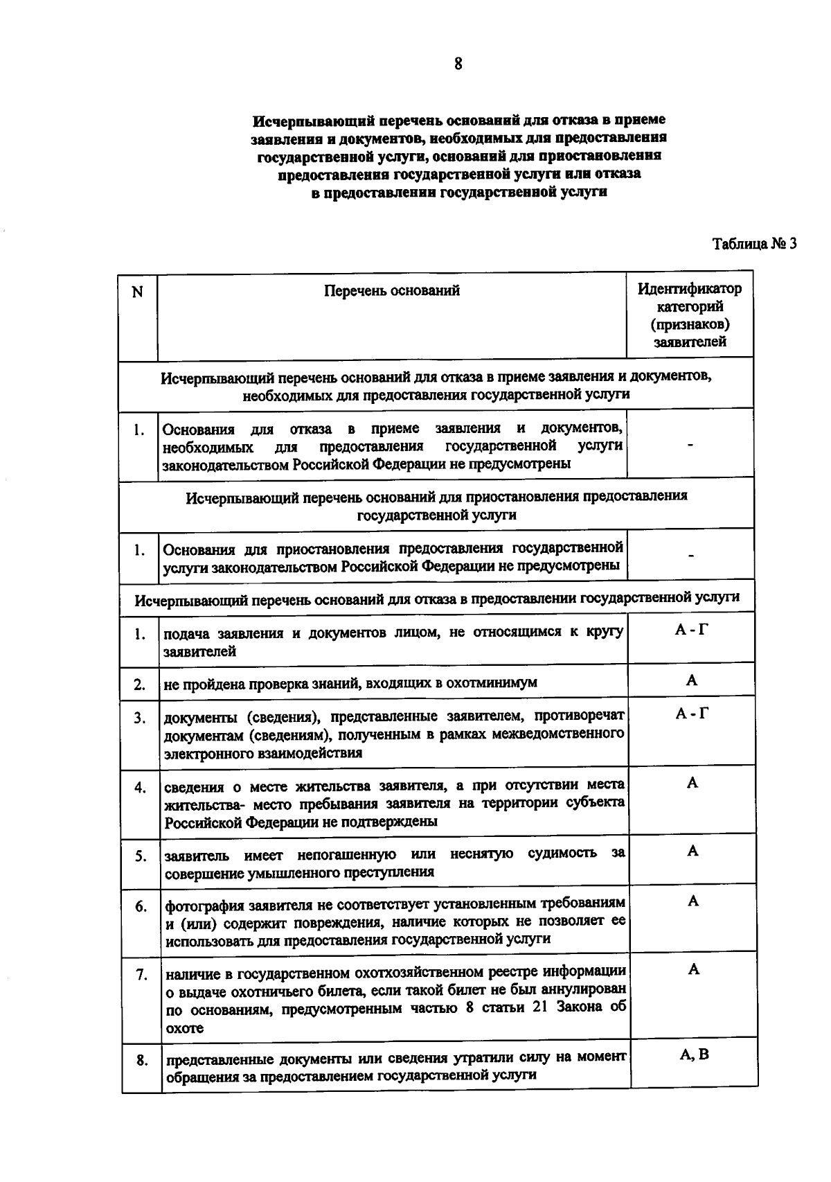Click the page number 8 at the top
(x=458, y=64)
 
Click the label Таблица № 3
(x=755, y=243)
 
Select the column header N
(x=137, y=292)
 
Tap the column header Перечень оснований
(x=392, y=290)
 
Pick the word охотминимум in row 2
(x=496, y=683)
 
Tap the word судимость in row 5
(x=562, y=853)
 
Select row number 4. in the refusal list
(x=140, y=788)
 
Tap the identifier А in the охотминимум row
(x=692, y=680)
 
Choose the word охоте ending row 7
(x=185, y=1028)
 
